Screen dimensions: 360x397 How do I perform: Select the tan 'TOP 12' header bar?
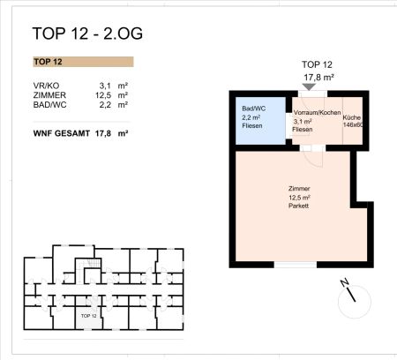(81, 63)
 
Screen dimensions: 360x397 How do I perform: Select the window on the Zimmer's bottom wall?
(295, 264)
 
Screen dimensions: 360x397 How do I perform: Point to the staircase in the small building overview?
(87, 267)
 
